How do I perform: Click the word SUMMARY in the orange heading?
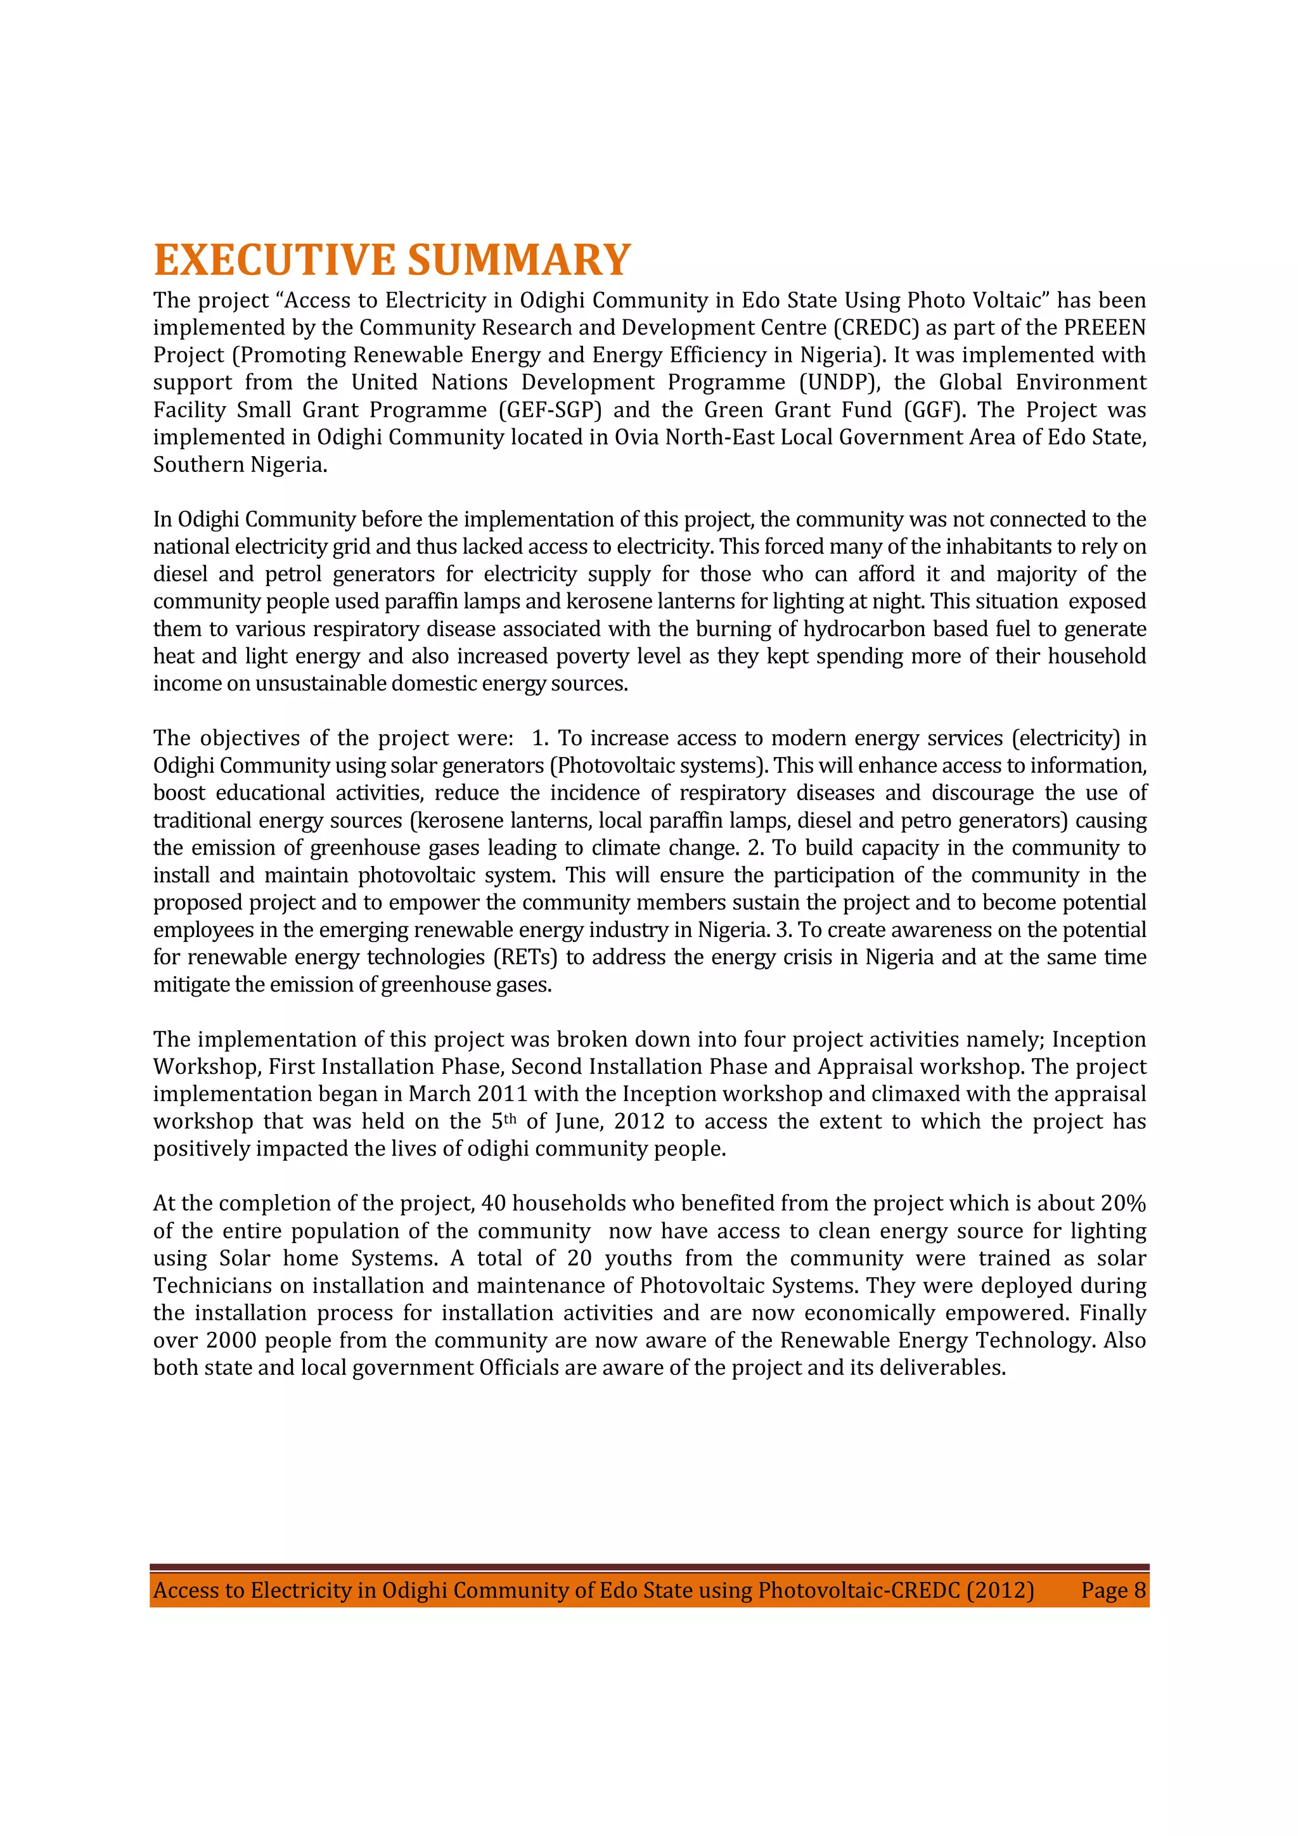coord(519,260)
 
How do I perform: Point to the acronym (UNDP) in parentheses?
coord(840,382)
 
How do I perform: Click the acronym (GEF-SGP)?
coord(550,411)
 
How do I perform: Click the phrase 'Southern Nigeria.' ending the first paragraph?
coord(240,464)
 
